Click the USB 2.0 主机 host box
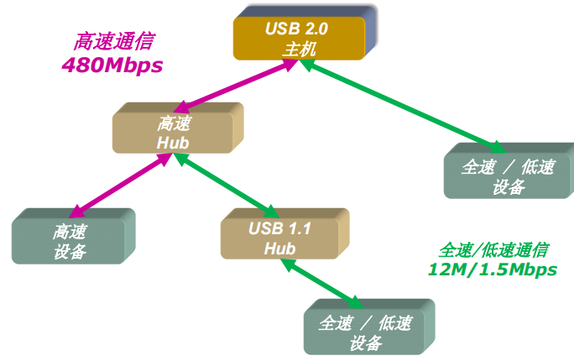click(x=299, y=39)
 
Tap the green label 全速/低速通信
click(x=493, y=250)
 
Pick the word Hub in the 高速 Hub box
click(x=173, y=142)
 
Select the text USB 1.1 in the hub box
click(x=280, y=229)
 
